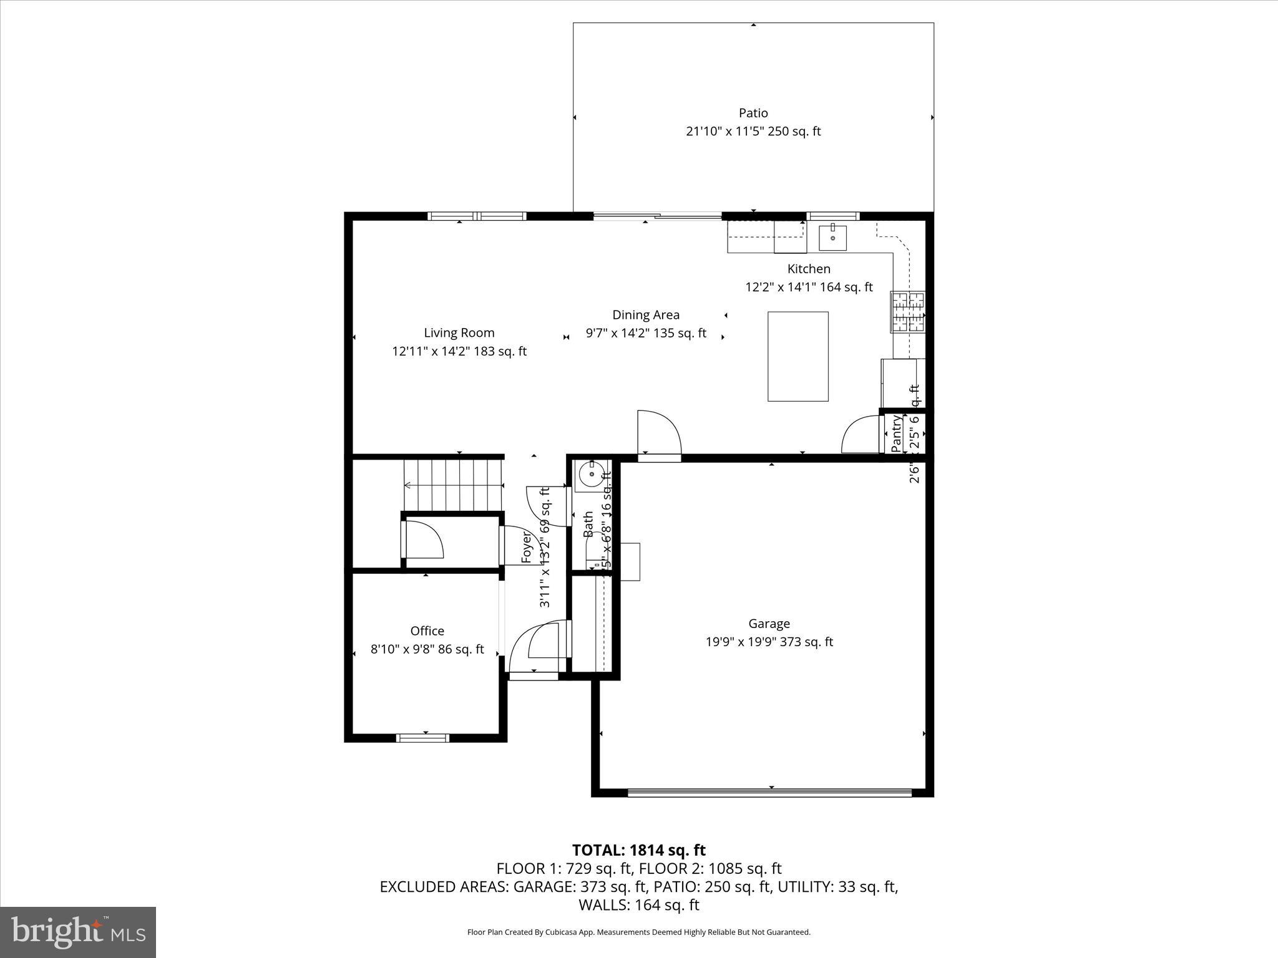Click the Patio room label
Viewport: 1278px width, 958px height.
(x=753, y=113)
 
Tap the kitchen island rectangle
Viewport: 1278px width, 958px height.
(x=798, y=356)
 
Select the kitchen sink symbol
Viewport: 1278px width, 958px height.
(x=832, y=238)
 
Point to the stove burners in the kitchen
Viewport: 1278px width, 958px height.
(x=908, y=311)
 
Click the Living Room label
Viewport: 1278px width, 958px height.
(x=459, y=333)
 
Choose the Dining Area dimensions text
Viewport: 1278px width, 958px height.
(x=646, y=333)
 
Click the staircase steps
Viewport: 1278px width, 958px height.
(x=454, y=485)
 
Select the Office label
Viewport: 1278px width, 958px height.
(x=427, y=631)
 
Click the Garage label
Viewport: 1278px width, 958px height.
(x=769, y=623)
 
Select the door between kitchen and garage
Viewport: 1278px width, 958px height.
(x=658, y=433)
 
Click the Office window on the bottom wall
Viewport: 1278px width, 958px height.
(x=423, y=738)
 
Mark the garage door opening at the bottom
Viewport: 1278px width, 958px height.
(x=769, y=793)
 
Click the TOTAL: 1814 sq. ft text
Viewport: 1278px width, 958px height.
(x=638, y=850)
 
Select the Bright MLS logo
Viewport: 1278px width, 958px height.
(x=78, y=932)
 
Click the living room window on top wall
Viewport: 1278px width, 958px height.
(x=477, y=216)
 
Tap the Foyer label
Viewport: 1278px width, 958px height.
(x=527, y=547)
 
